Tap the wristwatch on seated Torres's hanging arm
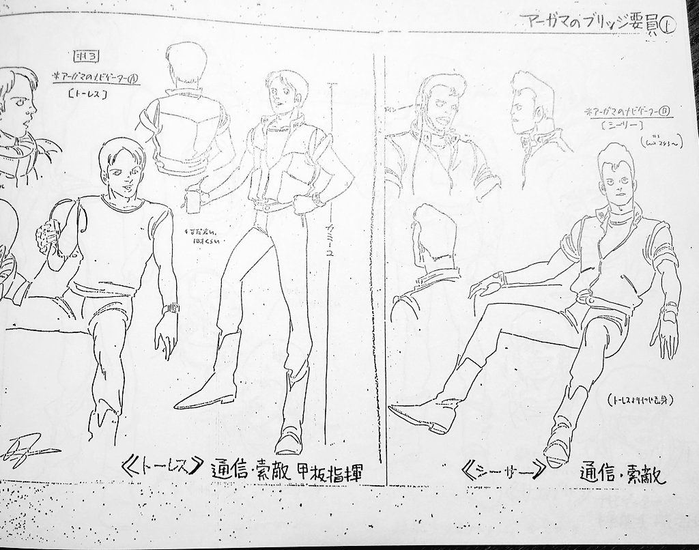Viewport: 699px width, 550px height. click(170, 308)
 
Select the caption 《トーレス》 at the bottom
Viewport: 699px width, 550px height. click(161, 470)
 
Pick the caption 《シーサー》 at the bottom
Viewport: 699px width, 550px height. click(502, 470)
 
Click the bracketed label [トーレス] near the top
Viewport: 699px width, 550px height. click(87, 95)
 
